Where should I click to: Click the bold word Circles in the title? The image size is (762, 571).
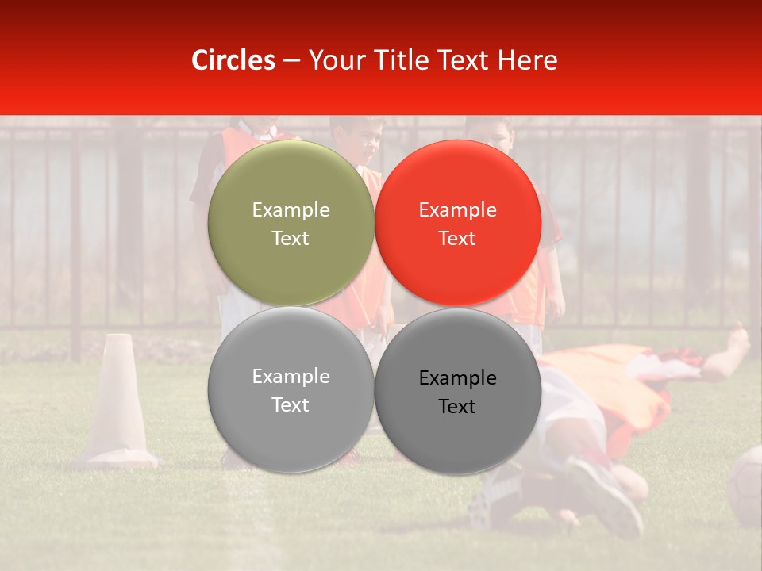point(233,60)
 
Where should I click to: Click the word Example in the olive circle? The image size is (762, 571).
point(291,210)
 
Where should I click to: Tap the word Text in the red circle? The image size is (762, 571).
point(457,239)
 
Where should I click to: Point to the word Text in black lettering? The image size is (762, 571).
point(457,407)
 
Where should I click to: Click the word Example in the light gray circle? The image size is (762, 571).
point(291,377)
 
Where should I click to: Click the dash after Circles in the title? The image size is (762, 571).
point(291,61)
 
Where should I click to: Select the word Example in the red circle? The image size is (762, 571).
point(457,210)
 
